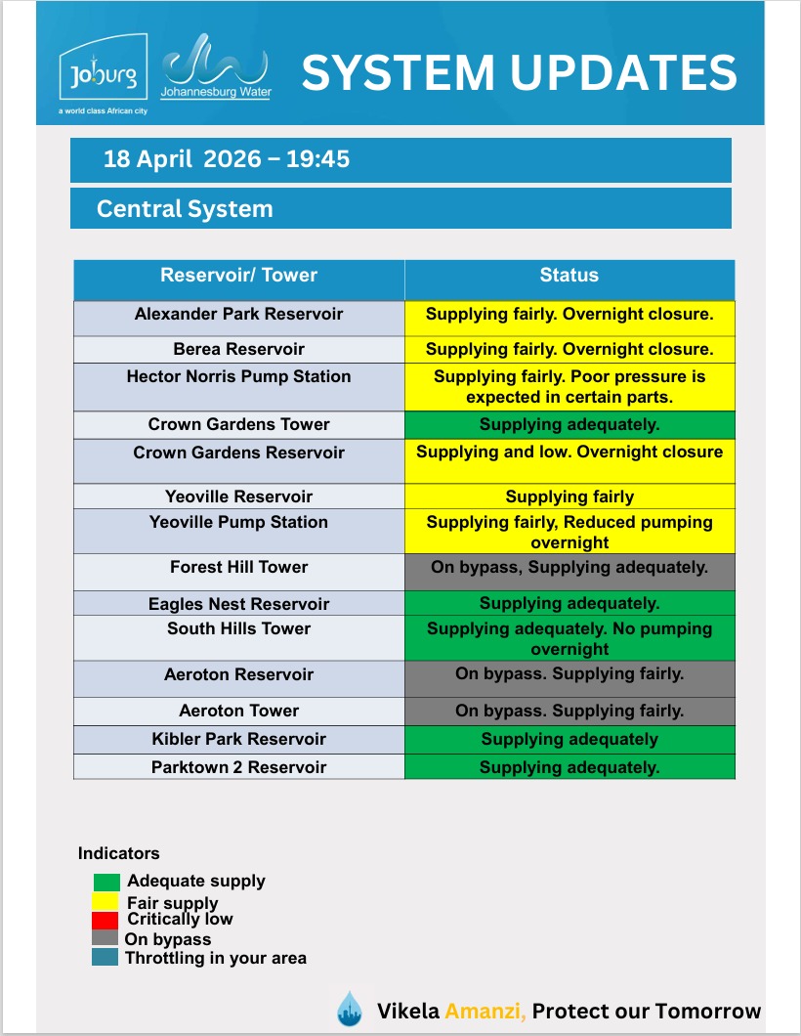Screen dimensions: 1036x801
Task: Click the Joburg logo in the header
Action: pyautogui.click(x=103, y=74)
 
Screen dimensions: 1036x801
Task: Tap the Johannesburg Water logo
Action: pyautogui.click(x=215, y=66)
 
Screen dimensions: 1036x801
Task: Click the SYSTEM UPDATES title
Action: pyautogui.click(x=519, y=73)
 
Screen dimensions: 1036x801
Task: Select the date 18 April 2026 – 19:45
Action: pyautogui.click(x=227, y=159)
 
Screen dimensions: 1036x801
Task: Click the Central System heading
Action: pyautogui.click(x=185, y=209)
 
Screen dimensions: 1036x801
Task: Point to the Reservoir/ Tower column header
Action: pyautogui.click(x=239, y=276)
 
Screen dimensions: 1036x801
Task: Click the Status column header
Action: pyautogui.click(x=569, y=276)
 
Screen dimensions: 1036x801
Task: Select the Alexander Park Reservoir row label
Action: pyautogui.click(x=239, y=315)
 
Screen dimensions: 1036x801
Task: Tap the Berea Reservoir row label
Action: pyautogui.click(x=239, y=349)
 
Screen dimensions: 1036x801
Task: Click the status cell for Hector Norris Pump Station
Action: pyautogui.click(x=569, y=387)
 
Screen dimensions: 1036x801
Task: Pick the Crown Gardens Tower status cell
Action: pyautogui.click(x=569, y=425)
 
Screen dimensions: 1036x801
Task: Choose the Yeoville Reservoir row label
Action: pyautogui.click(x=239, y=496)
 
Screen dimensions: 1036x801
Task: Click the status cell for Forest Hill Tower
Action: pyautogui.click(x=569, y=568)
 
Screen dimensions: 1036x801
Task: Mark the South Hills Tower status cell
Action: pyautogui.click(x=569, y=638)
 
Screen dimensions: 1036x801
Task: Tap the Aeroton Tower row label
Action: pyautogui.click(x=239, y=711)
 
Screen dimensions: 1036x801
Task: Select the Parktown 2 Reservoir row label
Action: pyautogui.click(x=239, y=767)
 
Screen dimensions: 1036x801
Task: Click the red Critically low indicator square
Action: pyautogui.click(x=105, y=920)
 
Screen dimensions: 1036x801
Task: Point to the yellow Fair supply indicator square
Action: pyautogui.click(x=105, y=901)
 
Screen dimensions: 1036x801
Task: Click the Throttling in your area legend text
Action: pyautogui.click(x=216, y=958)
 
